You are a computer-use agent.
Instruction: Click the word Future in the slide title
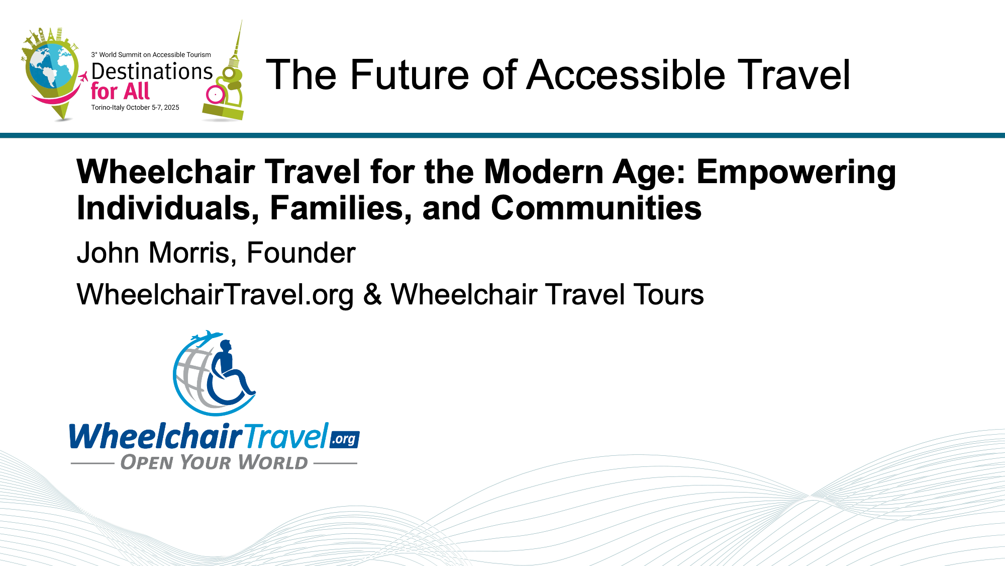click(x=410, y=75)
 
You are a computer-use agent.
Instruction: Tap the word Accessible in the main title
click(x=626, y=75)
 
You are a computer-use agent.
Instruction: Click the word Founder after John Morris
click(x=301, y=253)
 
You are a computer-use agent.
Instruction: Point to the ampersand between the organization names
click(x=372, y=294)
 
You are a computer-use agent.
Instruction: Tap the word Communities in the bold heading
click(x=596, y=208)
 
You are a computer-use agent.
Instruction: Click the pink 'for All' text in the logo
click(x=120, y=92)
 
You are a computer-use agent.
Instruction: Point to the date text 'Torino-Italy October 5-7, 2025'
click(x=135, y=108)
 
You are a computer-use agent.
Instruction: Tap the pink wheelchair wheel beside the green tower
click(x=216, y=94)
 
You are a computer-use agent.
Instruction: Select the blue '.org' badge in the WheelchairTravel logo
click(x=345, y=439)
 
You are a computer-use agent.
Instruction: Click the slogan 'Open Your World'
click(x=214, y=462)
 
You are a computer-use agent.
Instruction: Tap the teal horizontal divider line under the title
click(x=502, y=135)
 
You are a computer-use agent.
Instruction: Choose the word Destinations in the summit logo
click(x=152, y=71)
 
